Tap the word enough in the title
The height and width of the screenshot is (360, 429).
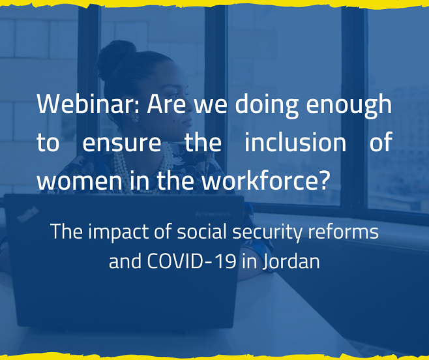click(349, 106)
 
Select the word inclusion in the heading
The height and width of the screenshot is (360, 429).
click(295, 142)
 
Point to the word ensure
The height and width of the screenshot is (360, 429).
click(122, 143)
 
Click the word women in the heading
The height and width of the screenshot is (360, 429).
click(80, 182)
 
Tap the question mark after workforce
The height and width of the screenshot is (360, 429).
click(323, 180)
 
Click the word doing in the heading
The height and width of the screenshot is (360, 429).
click(267, 106)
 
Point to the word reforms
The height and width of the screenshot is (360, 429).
click(344, 232)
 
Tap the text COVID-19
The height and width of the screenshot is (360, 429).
click(192, 261)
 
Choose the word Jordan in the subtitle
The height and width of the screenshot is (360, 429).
click(291, 262)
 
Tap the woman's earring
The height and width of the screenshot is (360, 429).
click(135, 118)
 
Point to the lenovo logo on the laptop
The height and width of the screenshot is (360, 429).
click(213, 213)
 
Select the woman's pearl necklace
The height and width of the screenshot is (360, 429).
click(142, 170)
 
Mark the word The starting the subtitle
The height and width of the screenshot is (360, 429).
click(67, 232)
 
